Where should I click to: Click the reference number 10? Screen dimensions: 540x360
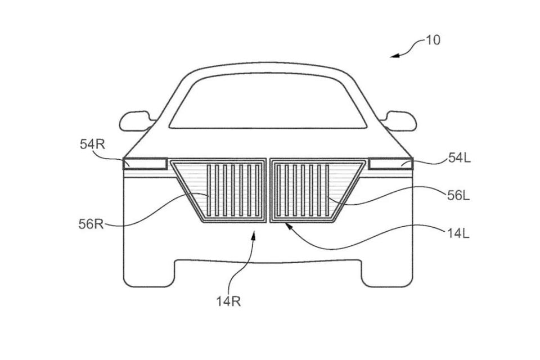click(x=433, y=40)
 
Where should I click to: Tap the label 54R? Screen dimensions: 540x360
click(x=92, y=145)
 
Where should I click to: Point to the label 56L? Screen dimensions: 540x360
click(x=458, y=196)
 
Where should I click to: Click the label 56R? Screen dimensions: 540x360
click(x=91, y=224)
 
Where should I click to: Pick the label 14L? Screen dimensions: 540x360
click(x=458, y=234)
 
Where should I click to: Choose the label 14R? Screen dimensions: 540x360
click(x=228, y=301)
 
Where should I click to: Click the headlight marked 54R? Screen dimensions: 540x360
click(x=145, y=164)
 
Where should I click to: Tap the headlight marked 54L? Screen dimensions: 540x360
click(x=390, y=164)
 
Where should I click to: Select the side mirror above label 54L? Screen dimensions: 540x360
click(x=399, y=121)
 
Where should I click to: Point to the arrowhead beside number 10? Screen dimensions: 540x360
click(x=395, y=56)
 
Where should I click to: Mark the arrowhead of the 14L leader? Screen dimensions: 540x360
click(x=289, y=226)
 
